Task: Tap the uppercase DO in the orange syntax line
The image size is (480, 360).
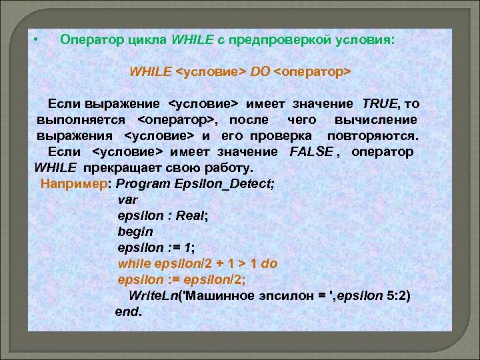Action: click(x=260, y=71)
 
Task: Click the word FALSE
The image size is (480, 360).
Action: click(x=311, y=151)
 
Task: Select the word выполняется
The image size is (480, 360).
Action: click(x=81, y=119)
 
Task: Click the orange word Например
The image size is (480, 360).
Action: click(x=75, y=183)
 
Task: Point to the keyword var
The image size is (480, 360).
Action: click(x=126, y=199)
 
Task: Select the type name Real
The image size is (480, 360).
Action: click(x=194, y=215)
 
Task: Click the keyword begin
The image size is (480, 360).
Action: click(x=135, y=231)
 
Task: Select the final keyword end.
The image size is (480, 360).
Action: click(x=128, y=311)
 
